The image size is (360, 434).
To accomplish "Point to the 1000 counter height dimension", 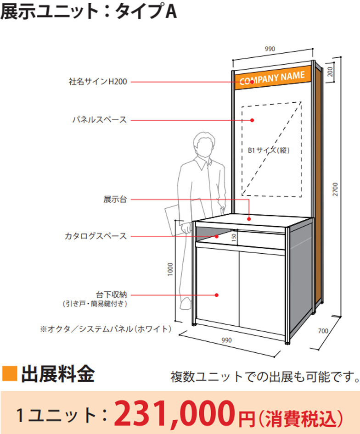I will pos(170,271).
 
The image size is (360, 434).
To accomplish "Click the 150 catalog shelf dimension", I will pos(234,238).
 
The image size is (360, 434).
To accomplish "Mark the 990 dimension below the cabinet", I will pos(226,340).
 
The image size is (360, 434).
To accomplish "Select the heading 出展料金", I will pos(58,374).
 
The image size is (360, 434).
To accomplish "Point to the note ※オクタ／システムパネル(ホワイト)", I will pos(106,328).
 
